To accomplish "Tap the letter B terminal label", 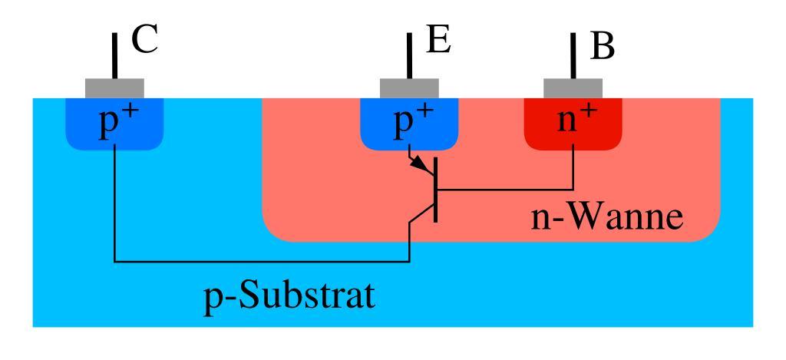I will coord(603,48).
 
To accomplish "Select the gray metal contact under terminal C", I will coord(114,88).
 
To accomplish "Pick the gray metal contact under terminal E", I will coord(409,88).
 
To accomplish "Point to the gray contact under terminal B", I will coord(573,88).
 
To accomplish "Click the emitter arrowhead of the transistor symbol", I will coord(421,166).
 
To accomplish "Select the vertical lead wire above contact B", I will coord(573,54).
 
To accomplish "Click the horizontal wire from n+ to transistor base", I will coord(507,189).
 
